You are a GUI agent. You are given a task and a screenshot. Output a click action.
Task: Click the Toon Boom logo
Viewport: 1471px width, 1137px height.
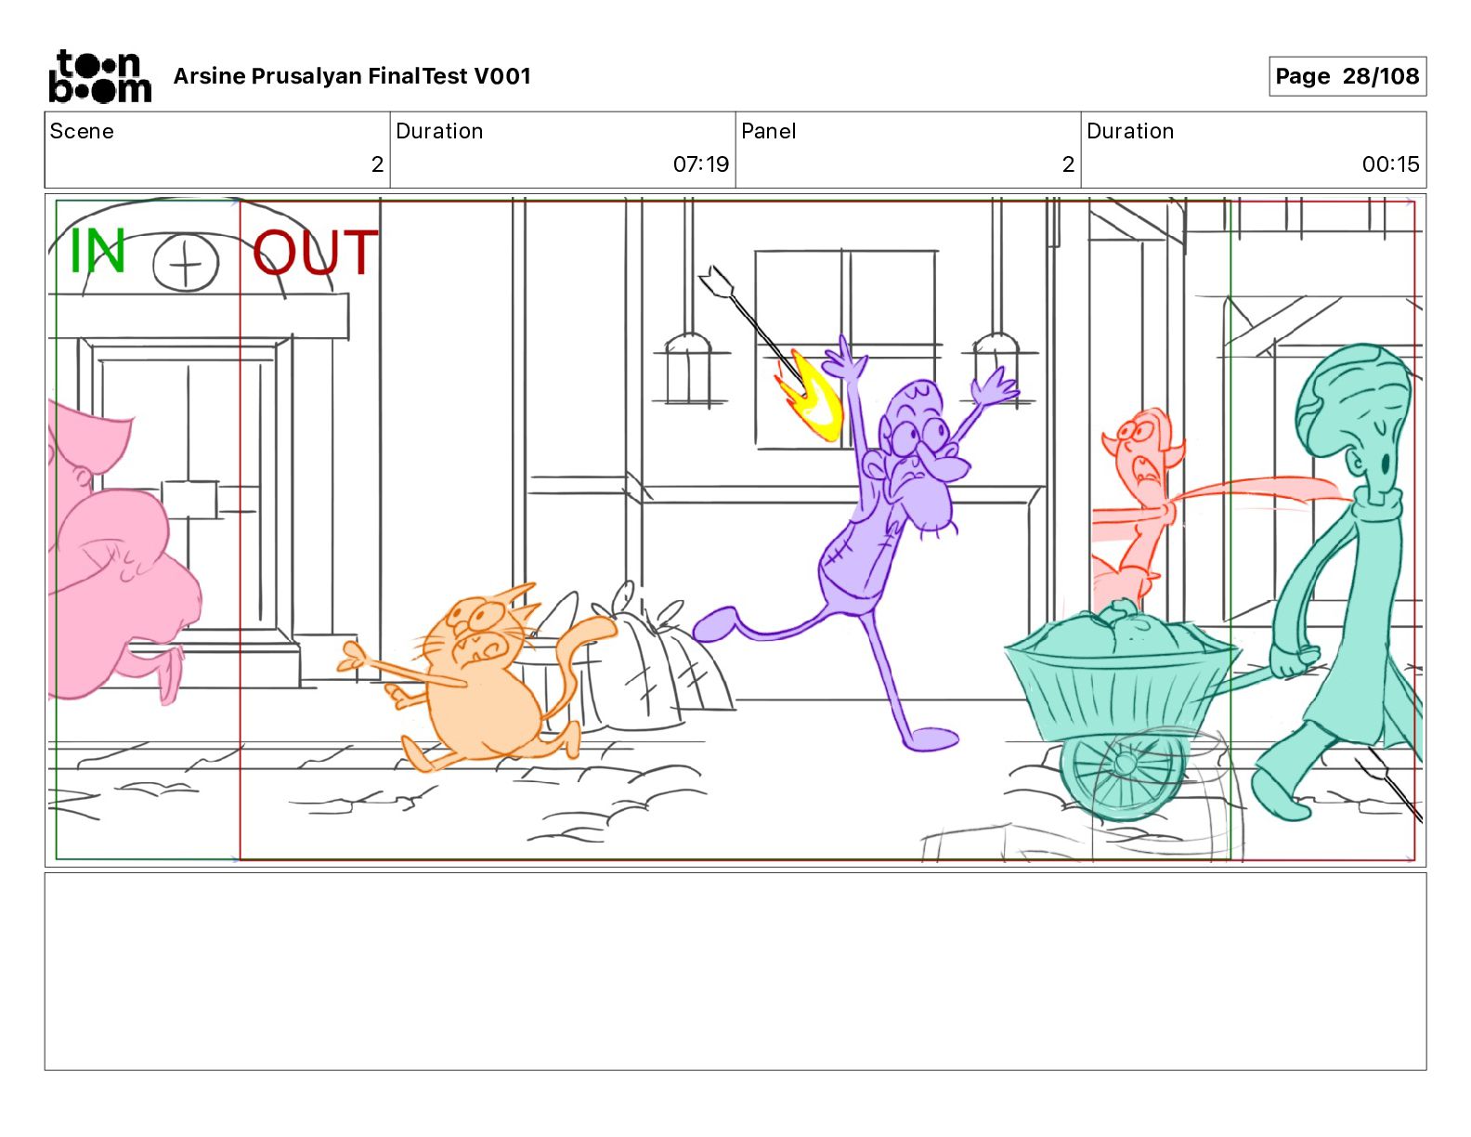tap(100, 76)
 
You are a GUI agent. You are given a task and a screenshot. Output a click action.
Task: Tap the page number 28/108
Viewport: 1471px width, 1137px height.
tap(1380, 76)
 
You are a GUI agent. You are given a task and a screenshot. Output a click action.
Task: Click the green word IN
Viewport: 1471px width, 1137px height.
tap(98, 250)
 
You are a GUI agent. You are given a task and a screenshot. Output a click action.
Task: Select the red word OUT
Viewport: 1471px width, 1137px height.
tap(315, 252)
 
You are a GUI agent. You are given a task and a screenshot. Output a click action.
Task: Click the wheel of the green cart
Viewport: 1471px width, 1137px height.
tap(1122, 776)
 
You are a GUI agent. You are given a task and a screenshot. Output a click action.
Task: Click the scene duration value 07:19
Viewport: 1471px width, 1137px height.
tap(700, 163)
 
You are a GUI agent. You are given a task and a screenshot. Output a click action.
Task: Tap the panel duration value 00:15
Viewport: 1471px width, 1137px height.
tap(1390, 163)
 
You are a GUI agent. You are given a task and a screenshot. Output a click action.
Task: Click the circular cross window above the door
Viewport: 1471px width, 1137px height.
tap(186, 262)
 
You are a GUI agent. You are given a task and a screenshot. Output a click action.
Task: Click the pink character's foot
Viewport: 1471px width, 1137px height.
tap(169, 673)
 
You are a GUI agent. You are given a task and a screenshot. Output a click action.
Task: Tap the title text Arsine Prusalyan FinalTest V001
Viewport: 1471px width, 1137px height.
tap(352, 76)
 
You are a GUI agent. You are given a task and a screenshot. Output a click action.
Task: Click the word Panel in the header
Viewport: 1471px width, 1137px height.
tap(768, 131)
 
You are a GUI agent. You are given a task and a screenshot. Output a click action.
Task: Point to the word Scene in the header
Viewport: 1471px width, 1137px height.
tap(82, 131)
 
